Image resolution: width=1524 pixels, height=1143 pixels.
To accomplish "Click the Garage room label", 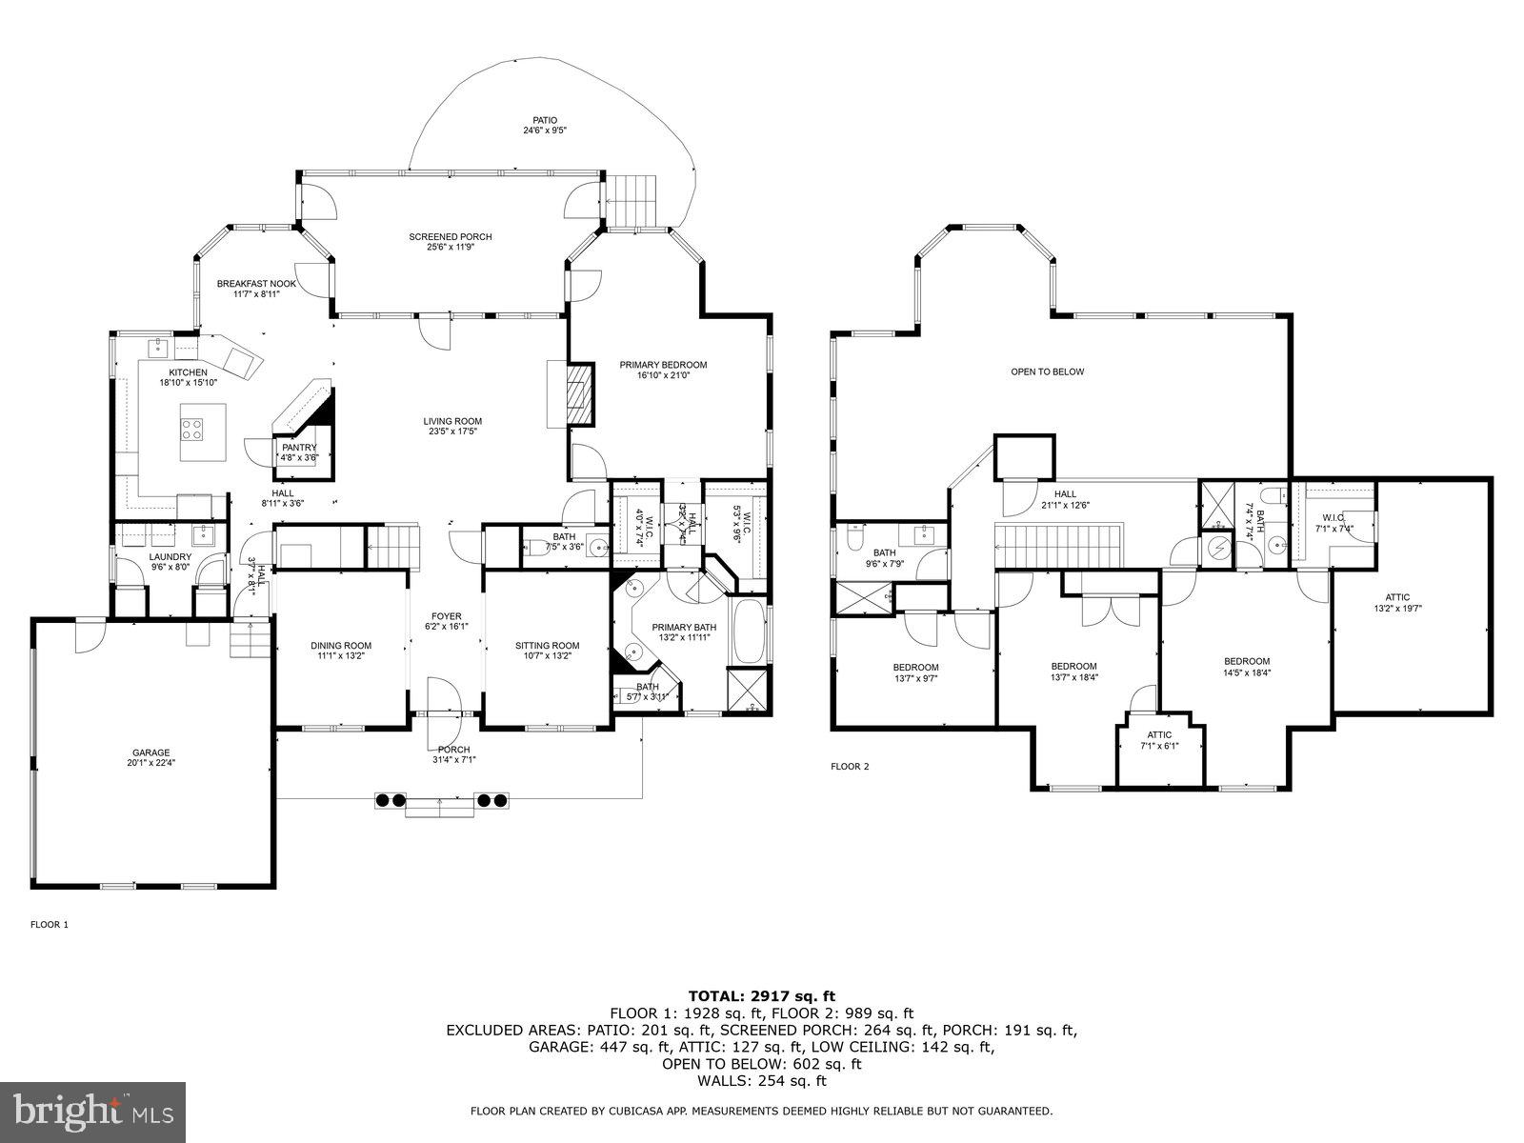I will click(x=151, y=757).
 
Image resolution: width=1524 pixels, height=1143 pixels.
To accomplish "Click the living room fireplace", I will click(x=578, y=393).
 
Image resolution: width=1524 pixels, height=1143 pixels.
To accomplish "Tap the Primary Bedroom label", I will click(x=663, y=370).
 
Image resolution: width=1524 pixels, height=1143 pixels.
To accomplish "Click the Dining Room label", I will click(x=340, y=651).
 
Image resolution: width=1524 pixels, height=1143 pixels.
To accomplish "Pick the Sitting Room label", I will click(x=547, y=651).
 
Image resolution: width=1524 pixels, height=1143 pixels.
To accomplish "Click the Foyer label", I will click(x=446, y=621).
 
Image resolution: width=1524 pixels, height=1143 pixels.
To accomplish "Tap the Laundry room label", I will click(x=170, y=562).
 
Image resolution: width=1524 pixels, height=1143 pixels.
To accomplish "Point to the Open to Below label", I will click(x=1047, y=372).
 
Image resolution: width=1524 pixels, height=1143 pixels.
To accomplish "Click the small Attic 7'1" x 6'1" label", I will click(x=1158, y=740).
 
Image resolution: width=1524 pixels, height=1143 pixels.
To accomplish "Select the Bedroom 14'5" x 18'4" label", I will click(x=1246, y=667).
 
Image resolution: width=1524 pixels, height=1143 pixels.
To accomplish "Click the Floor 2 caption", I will click(x=850, y=766).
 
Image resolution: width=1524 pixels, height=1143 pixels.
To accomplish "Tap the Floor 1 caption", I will click(x=50, y=924).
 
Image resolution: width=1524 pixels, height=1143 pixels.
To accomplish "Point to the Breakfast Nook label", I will click(x=256, y=289).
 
